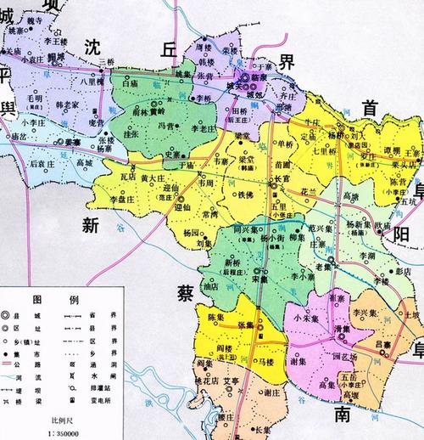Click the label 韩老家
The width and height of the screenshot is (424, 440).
pyautogui.click(x=67, y=105)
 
